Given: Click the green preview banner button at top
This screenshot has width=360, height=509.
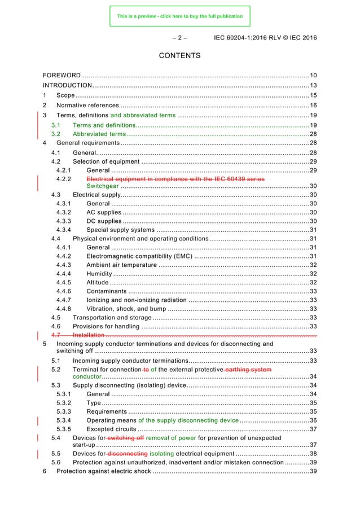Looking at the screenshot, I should (179, 16).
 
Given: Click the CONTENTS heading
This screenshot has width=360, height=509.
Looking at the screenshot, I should (179, 56).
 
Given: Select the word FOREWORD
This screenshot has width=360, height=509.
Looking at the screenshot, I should (62, 75).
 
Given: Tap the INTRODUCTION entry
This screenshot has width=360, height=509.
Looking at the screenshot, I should (68, 85).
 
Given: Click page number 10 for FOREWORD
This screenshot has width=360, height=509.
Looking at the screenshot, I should (313, 75).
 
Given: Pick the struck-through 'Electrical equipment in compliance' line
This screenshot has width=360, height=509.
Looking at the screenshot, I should (176, 179).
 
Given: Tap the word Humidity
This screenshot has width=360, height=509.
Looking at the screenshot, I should (100, 273).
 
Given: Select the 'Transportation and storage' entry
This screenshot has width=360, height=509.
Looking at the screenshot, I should (112, 318).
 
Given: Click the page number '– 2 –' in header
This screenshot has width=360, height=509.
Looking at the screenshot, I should (179, 38).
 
